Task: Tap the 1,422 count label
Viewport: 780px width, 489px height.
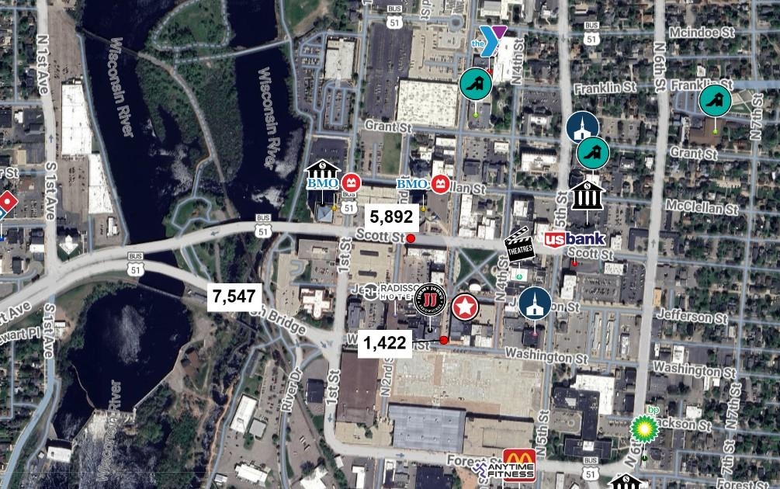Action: pyautogui.click(x=384, y=342)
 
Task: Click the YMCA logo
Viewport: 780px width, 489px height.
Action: pyautogui.click(x=492, y=36)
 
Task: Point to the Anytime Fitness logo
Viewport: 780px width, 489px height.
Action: pyautogui.click(x=504, y=470)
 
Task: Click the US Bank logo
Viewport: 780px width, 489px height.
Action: pyautogui.click(x=574, y=241)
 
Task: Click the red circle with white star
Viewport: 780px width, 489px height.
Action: pyautogui.click(x=465, y=307)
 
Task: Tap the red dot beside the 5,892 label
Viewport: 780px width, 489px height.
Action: pyautogui.click(x=411, y=238)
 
